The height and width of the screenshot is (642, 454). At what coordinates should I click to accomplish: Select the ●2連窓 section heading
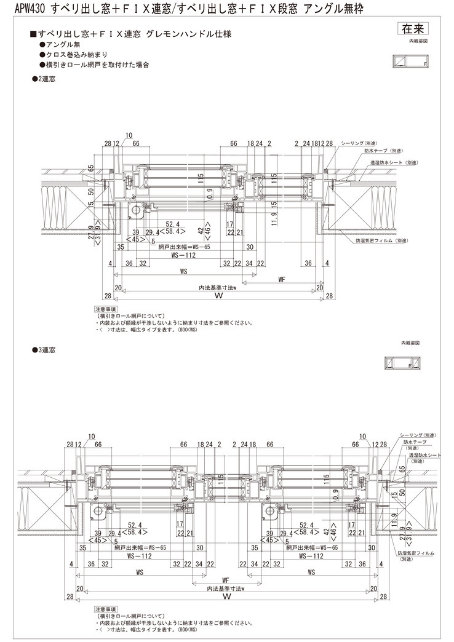(x=44, y=79)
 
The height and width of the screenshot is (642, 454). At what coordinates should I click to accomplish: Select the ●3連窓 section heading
(x=44, y=349)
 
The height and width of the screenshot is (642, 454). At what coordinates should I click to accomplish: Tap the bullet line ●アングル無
(x=60, y=46)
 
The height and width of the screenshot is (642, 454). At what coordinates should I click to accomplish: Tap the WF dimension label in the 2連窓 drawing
(x=282, y=279)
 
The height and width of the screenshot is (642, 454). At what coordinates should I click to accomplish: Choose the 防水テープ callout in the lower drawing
(x=415, y=442)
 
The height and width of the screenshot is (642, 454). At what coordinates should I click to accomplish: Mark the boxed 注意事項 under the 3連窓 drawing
(x=105, y=609)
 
